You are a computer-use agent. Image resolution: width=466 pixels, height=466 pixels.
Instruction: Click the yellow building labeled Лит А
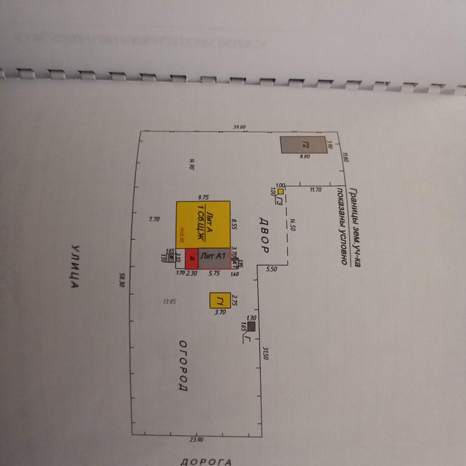203,225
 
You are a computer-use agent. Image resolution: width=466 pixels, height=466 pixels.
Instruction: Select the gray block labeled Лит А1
214,258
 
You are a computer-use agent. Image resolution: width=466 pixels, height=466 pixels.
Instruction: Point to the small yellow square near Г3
281,191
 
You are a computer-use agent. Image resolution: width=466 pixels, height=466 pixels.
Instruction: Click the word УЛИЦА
75,266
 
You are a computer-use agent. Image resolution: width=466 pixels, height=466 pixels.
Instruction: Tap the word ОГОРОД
183,366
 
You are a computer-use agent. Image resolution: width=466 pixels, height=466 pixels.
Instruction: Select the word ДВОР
264,234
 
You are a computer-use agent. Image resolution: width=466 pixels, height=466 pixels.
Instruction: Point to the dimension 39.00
239,127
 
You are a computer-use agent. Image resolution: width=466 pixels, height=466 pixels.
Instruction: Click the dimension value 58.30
122,280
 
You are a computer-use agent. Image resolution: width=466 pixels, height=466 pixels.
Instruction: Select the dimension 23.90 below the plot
196,439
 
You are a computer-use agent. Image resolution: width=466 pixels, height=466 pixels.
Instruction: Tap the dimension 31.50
265,353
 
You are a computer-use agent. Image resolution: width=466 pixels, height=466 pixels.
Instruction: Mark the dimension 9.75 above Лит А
203,197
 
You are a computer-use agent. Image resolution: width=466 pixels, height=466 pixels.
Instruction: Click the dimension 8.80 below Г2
305,157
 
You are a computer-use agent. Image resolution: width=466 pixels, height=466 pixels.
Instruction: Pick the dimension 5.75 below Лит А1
214,273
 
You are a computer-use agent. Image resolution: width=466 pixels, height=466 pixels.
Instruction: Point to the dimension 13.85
169,302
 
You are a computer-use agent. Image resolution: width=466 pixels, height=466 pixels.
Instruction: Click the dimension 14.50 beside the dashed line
293,225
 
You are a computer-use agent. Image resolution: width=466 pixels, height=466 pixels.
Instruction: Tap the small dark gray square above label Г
251,326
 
